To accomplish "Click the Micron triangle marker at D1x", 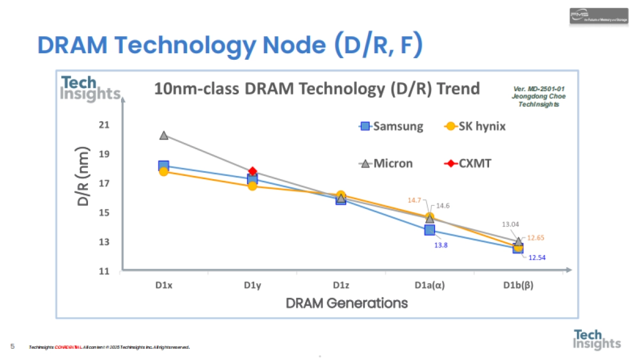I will (164, 135).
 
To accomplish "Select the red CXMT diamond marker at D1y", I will (252, 171).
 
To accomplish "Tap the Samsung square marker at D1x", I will (163, 166).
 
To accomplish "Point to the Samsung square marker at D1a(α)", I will (429, 230).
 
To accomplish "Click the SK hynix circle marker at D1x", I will (164, 172).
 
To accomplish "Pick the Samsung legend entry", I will (391, 126).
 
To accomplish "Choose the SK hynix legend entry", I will (475, 126).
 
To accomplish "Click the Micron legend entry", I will (386, 163).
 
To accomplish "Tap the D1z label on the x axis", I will (341, 285).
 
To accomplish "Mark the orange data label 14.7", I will (414, 200).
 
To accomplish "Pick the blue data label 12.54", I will (537, 258).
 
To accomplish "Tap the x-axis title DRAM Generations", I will (347, 303).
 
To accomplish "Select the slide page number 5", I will (12, 347).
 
